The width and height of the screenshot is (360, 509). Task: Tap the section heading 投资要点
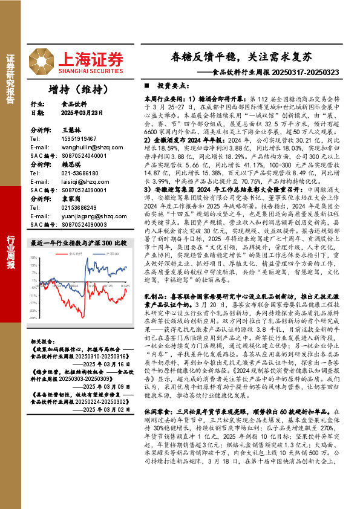(170, 86)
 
